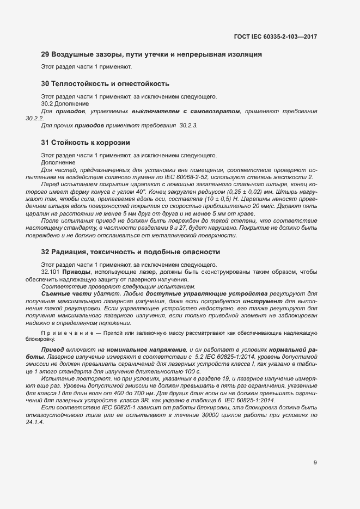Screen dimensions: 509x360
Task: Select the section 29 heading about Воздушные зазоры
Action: point(152,54)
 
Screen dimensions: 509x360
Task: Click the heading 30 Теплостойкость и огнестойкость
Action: point(105,84)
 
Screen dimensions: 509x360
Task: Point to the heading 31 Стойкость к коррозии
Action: point(86,143)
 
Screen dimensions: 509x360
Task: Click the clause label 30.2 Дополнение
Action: point(60,103)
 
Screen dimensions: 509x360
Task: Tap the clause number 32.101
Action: point(51,271)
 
